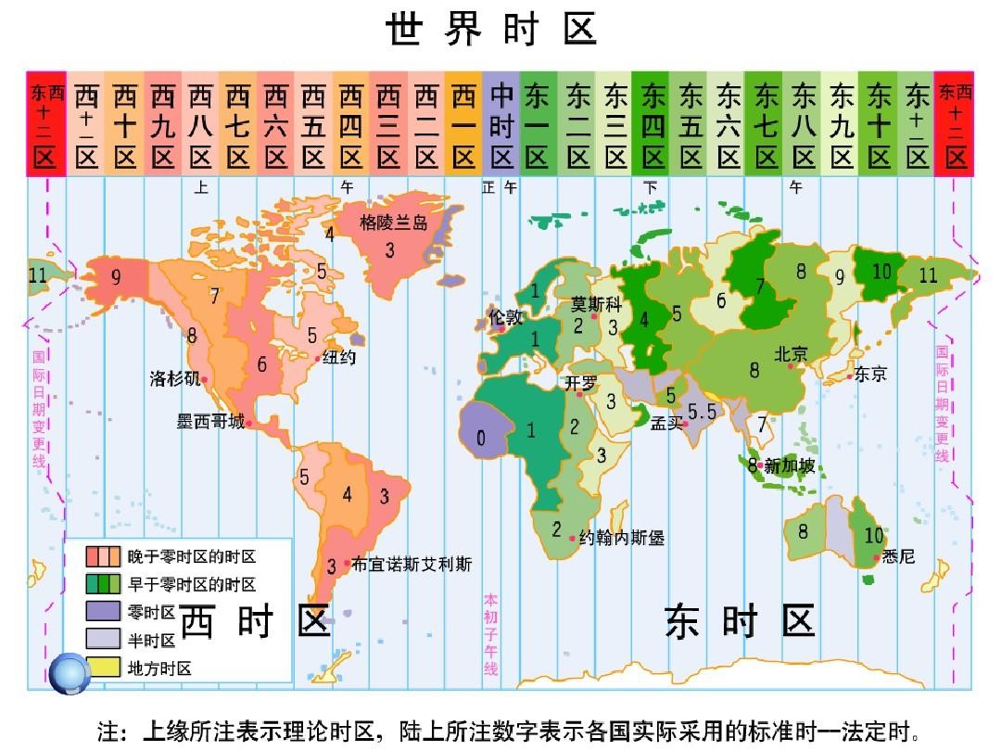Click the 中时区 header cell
[x=501, y=123]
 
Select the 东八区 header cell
[x=804, y=123]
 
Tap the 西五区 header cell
[x=313, y=123]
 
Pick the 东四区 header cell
[x=653, y=123]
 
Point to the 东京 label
[x=870, y=375]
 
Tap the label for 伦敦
[x=506, y=316]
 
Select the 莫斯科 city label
[x=596, y=304]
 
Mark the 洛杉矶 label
[x=174, y=378]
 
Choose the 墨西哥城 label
[x=211, y=422]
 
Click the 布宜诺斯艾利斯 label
[x=412, y=564]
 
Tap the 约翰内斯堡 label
[x=621, y=537]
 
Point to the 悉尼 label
[x=898, y=556]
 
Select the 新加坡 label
[x=790, y=465]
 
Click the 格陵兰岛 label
[x=394, y=223]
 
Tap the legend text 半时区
[x=151, y=640]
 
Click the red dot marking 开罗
[x=580, y=394]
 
